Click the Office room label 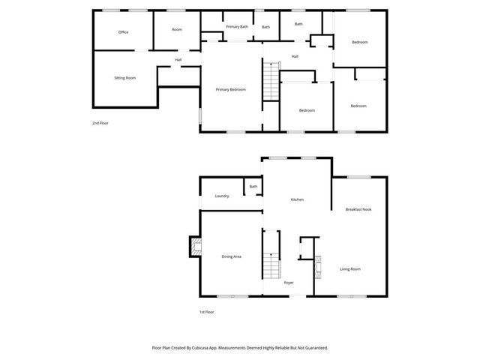[123, 32]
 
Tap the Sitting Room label [124, 78]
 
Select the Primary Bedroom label [231, 90]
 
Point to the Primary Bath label [237, 27]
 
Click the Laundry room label [222, 196]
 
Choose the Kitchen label [297, 199]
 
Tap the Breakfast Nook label [358, 209]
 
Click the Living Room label [350, 268]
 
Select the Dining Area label [231, 256]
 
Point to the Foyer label [289, 282]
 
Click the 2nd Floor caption [100, 123]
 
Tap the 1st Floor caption [207, 312]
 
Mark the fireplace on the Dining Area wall [195, 247]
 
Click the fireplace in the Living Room [317, 266]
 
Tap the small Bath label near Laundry [253, 187]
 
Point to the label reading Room [177, 29]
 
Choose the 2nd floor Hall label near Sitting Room [178, 60]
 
